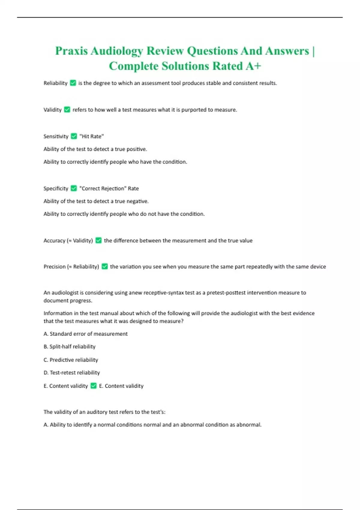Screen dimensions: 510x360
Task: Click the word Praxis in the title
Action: pos(71,51)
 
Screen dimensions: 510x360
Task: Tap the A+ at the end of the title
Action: pos(253,66)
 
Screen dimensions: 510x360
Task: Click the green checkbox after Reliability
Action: pos(73,83)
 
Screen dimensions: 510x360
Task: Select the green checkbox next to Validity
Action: pos(67,110)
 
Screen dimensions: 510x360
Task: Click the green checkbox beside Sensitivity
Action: pos(74,136)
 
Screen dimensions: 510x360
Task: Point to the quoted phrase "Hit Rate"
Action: pos(91,136)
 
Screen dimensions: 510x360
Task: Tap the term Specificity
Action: pos(56,188)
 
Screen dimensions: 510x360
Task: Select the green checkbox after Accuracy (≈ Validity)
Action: pos(98,241)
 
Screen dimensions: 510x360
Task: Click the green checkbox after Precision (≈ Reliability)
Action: pos(105,266)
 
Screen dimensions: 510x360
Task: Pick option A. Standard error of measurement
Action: pos(85,334)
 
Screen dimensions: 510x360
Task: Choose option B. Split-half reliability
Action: pos(69,346)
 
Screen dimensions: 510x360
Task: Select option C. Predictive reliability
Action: pos(71,360)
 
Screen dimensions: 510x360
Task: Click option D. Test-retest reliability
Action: pos(72,373)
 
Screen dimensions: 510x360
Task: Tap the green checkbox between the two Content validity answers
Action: pos(94,386)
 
